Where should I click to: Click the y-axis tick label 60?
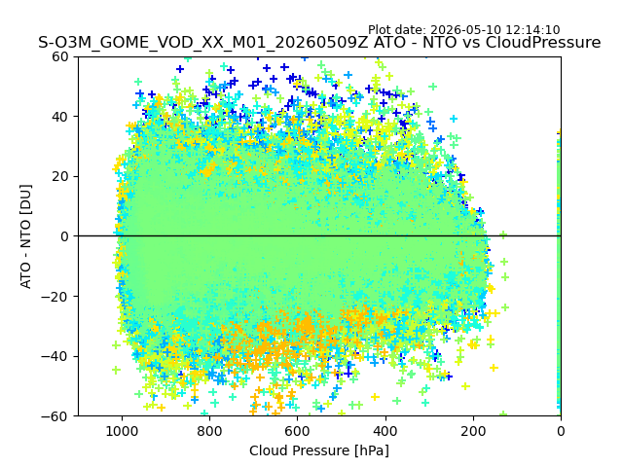pyautogui.click(x=59, y=56)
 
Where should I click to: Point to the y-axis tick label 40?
pyautogui.click(x=59, y=117)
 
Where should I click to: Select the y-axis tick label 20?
pyautogui.click(x=59, y=177)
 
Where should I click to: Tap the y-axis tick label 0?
pyautogui.click(x=64, y=236)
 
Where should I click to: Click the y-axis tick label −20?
pyautogui.click(x=55, y=297)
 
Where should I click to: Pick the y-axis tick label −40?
pyautogui.click(x=55, y=357)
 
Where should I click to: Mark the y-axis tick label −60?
pyautogui.click(x=55, y=416)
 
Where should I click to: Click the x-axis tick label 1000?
pyautogui.click(x=122, y=431)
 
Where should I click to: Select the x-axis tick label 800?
pyautogui.click(x=210, y=431)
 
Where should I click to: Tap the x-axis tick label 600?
pyautogui.click(x=298, y=431)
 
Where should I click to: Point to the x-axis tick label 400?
pyautogui.click(x=385, y=431)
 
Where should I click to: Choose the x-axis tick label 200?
pyautogui.click(x=473, y=431)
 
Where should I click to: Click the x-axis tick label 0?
pyautogui.click(x=561, y=431)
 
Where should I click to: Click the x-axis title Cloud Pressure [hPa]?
pyautogui.click(x=319, y=450)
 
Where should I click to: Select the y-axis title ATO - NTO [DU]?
pyautogui.click(x=26, y=236)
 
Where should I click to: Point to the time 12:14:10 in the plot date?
pyautogui.click(x=532, y=30)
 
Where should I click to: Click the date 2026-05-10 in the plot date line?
pyautogui.click(x=466, y=30)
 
